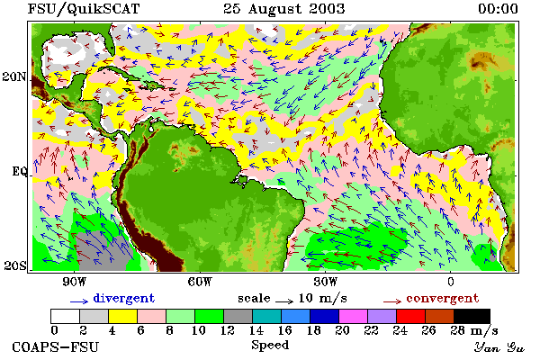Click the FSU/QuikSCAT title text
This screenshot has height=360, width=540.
tap(84, 9)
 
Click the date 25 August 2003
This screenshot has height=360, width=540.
tap(284, 9)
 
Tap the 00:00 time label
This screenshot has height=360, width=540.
tap(498, 9)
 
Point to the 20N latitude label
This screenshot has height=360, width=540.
tap(14, 76)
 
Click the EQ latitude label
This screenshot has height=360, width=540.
tap(20, 171)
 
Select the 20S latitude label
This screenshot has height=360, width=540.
tap(15, 265)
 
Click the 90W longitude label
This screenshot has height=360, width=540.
tap(75, 282)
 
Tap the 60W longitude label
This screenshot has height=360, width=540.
tap(201, 282)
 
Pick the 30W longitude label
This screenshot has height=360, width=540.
tap(326, 282)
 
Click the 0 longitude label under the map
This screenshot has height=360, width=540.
tap(451, 282)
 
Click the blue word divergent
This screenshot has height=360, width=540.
tap(124, 298)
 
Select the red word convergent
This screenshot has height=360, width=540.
tap(443, 298)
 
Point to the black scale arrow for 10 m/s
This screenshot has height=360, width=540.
tap(284, 301)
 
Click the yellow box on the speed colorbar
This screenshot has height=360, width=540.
tap(122, 316)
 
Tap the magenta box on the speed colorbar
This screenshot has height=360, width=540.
tap(353, 316)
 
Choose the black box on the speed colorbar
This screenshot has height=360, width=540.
tap(472, 316)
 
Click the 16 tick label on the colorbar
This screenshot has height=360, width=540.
tap(284, 330)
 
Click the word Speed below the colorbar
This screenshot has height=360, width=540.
tap(270, 346)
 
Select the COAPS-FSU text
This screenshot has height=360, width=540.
tap(56, 346)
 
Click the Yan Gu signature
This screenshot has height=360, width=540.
tap(499, 347)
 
